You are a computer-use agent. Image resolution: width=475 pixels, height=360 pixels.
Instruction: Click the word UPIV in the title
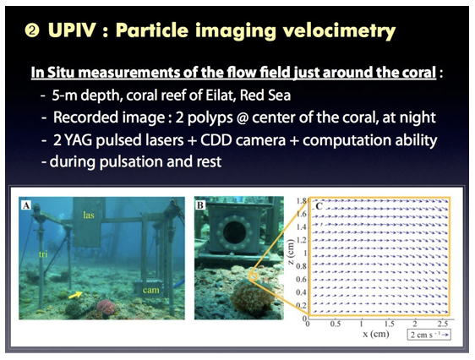pyautogui.click(x=72, y=30)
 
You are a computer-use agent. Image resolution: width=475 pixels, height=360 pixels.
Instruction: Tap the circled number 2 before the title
pyautogui.click(x=32, y=30)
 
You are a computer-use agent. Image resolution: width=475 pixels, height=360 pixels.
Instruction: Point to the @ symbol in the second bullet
pyautogui.click(x=241, y=117)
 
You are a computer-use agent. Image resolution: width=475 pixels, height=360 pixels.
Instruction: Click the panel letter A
pyautogui.click(x=26, y=205)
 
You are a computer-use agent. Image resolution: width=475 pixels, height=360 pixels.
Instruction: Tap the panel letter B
pyautogui.click(x=200, y=205)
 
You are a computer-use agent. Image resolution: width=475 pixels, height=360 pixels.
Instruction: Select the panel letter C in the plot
pyautogui.click(x=319, y=206)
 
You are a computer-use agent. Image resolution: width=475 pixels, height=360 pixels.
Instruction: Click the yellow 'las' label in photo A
pyautogui.click(x=89, y=215)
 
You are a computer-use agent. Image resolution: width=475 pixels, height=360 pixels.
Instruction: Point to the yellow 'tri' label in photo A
pyautogui.click(x=43, y=254)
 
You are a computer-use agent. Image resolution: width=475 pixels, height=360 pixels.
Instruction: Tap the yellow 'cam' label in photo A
pyautogui.click(x=150, y=290)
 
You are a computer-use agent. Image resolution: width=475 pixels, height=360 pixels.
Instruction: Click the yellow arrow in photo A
pyautogui.click(x=76, y=294)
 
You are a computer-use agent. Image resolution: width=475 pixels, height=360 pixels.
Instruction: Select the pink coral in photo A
pyautogui.click(x=106, y=308)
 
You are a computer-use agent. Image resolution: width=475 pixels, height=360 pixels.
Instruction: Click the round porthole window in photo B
pyautogui.click(x=234, y=232)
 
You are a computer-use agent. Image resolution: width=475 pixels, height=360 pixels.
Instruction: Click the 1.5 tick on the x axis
pyautogui.click(x=390, y=324)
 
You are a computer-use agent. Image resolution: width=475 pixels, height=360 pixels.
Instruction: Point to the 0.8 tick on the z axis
pyautogui.click(x=301, y=266)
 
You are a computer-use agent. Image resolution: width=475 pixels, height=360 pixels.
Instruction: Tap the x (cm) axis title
pyautogui.click(x=376, y=334)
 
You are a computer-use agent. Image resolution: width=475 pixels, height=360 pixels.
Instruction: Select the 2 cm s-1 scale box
pyautogui.click(x=429, y=335)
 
